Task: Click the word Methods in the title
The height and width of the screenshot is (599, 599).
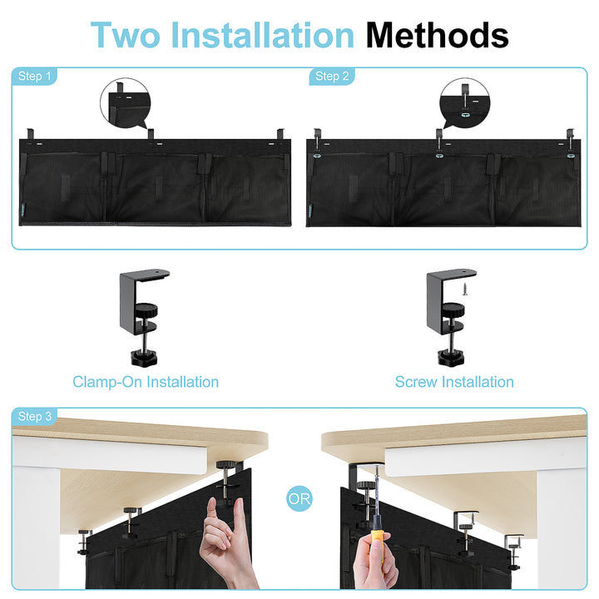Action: tap(437, 35)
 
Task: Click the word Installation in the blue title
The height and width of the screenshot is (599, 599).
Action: tap(263, 35)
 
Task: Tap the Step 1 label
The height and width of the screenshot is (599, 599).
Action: tap(34, 76)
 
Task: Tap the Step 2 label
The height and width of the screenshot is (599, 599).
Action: tap(332, 76)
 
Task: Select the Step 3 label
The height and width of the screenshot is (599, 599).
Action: tap(34, 416)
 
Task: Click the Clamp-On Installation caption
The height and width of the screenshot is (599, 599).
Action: tap(146, 382)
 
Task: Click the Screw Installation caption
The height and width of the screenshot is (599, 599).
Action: tap(454, 382)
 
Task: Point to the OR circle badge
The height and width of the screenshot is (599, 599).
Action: tap(299, 498)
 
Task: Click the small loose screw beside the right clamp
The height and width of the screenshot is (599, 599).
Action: tap(465, 289)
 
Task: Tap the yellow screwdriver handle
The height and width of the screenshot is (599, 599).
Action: tap(377, 537)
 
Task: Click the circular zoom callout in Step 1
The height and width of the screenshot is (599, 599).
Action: tap(126, 103)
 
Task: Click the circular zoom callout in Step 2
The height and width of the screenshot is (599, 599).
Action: tap(464, 103)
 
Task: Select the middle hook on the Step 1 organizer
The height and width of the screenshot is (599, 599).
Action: tap(151, 134)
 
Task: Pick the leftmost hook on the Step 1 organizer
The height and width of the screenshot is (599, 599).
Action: tap(30, 134)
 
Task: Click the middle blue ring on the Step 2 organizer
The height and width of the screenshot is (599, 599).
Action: tap(439, 156)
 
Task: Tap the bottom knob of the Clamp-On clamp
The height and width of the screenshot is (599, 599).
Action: tap(144, 359)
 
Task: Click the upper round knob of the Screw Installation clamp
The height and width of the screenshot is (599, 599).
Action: tap(453, 309)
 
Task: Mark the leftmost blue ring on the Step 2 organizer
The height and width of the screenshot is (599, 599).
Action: tap(317, 156)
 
